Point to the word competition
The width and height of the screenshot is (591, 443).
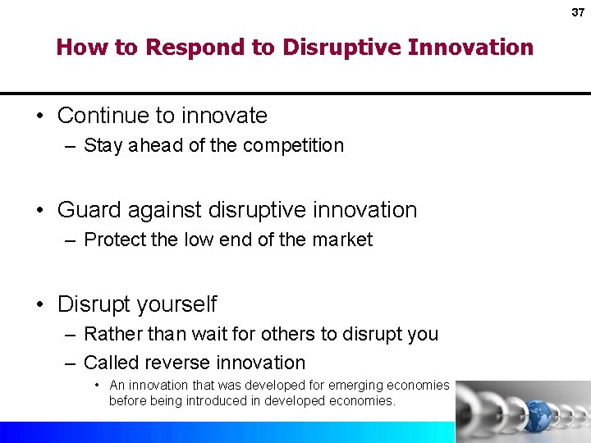292,146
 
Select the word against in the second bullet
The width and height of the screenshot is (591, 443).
163,210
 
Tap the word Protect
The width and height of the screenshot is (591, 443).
115,240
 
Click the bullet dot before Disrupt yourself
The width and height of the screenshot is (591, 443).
41,304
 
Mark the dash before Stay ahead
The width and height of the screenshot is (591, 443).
71,146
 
